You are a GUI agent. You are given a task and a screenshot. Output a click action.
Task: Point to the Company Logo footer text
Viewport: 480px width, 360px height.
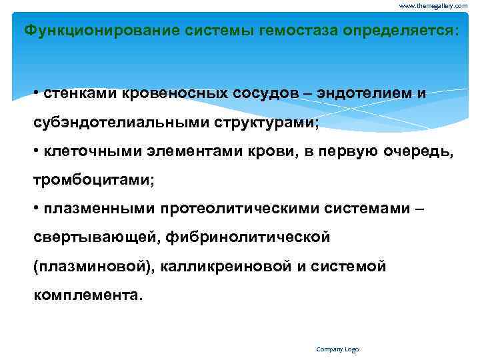click(337, 349)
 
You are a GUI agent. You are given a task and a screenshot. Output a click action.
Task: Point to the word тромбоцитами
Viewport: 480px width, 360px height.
click(79, 180)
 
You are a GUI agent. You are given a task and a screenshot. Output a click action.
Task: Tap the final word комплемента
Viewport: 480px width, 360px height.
click(88, 295)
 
